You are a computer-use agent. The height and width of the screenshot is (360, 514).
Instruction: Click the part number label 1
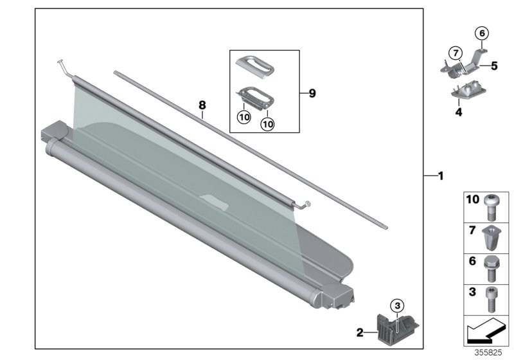[x=440, y=175]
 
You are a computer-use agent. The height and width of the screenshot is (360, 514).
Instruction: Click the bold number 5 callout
[x=494, y=66]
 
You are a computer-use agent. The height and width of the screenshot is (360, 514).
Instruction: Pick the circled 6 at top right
[x=482, y=32]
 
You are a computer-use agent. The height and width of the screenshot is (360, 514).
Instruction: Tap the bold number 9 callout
[x=312, y=93]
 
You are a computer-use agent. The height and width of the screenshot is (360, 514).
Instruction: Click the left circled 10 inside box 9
[x=244, y=118]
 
